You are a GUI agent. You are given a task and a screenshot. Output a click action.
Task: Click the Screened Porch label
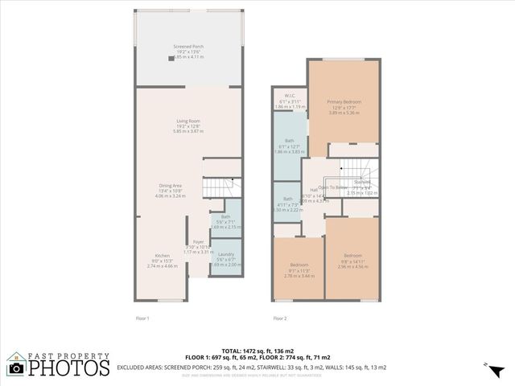pos(188,47)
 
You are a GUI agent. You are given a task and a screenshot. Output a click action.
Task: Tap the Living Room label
pos(188,121)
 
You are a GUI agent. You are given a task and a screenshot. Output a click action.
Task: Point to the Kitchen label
pos(163,256)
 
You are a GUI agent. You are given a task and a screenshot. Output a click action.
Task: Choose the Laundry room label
pos(225,254)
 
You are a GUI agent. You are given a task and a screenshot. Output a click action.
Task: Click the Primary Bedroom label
pos(344,102)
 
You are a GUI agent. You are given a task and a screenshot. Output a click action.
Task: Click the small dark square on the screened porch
pos(171,58)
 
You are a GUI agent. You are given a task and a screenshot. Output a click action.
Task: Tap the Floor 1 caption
pos(142,318)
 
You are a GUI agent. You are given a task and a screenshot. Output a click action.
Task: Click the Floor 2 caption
pos(279,318)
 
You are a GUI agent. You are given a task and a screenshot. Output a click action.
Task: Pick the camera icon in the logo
pos(15,368)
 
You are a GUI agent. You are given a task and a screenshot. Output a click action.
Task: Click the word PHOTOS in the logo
pos(69,368)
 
